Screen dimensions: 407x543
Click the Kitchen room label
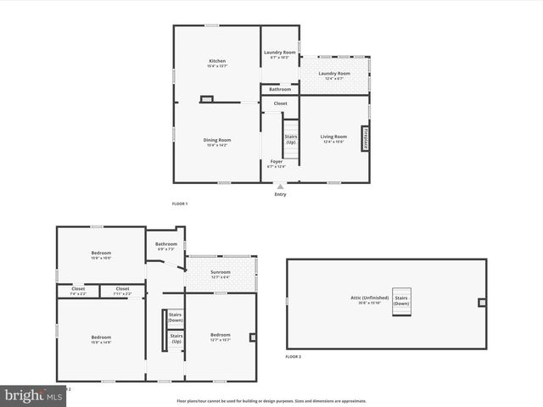click(x=218, y=61)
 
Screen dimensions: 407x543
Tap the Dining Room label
click(x=217, y=140)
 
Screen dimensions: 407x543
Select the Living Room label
click(x=333, y=137)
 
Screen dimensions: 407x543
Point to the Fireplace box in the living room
click(x=366, y=138)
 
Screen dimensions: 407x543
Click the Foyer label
click(x=277, y=161)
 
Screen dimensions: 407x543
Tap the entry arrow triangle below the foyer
click(x=280, y=187)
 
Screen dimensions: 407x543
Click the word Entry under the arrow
click(x=280, y=194)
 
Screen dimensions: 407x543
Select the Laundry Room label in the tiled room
click(x=334, y=74)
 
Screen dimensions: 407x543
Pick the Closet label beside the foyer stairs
click(x=280, y=103)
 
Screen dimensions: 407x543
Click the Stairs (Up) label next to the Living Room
click(x=291, y=139)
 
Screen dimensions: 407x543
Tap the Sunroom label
click(x=221, y=273)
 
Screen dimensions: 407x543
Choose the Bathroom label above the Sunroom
click(x=166, y=244)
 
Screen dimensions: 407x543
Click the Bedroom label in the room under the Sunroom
click(x=221, y=336)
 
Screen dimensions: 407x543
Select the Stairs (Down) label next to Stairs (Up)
click(x=176, y=318)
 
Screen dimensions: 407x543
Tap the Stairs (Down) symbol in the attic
click(x=402, y=301)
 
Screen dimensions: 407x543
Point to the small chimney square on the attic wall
click(x=482, y=302)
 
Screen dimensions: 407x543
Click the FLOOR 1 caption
click(x=180, y=203)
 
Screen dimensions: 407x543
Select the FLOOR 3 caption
click(x=293, y=357)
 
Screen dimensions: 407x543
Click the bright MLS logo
click(x=33, y=396)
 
